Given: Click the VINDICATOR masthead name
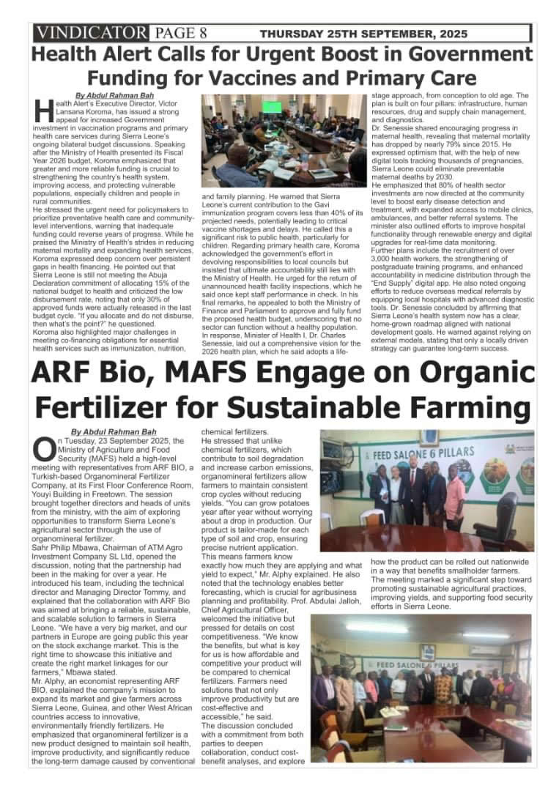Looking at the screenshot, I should click(90, 33).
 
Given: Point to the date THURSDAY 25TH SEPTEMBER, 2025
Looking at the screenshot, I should click(363, 34).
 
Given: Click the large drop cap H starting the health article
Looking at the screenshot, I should click(42, 111).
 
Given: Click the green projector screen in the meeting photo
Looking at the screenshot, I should click(273, 107).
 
